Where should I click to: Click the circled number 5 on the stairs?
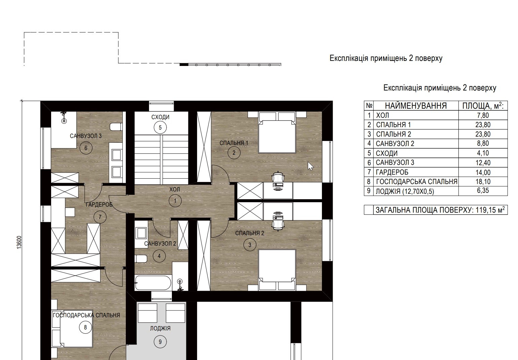pyautogui.click(x=160, y=128)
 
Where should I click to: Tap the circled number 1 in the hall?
pyautogui.click(x=175, y=201)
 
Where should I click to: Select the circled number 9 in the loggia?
pyautogui.click(x=160, y=342)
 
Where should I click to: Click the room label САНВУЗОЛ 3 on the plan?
pyautogui.click(x=85, y=136)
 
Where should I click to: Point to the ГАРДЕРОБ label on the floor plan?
pyautogui.click(x=99, y=205)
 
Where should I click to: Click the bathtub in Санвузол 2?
pyautogui.click(x=153, y=283)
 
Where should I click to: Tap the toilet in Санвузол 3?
pyautogui.click(x=116, y=127)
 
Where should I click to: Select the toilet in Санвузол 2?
pyautogui.click(x=141, y=259)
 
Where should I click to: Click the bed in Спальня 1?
pyautogui.click(x=277, y=133)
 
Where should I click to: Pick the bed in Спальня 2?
pyautogui.click(x=277, y=270)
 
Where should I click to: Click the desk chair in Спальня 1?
pyautogui.click(x=278, y=177)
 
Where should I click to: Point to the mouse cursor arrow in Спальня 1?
pyautogui.click(x=310, y=166)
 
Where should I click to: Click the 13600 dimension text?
pyautogui.click(x=19, y=243)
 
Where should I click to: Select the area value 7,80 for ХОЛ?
pyautogui.click(x=483, y=115)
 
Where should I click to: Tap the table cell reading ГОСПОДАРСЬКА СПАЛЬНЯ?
pyautogui.click(x=417, y=182)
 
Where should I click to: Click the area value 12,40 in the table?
pyautogui.click(x=483, y=163)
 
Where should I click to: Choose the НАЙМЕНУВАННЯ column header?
pyautogui.click(x=416, y=106)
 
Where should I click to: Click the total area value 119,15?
pyautogui.click(x=485, y=210)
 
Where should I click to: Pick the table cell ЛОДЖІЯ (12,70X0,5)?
pyautogui.click(x=405, y=191)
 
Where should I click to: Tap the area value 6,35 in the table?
pyautogui.click(x=483, y=191)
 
